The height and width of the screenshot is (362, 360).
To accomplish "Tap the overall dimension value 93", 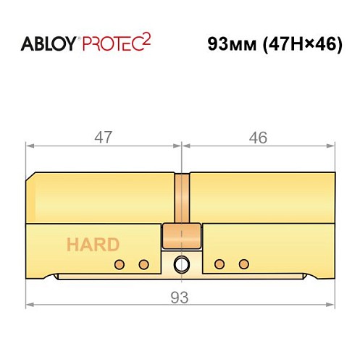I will click(180, 297).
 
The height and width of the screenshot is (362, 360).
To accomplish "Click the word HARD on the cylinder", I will click(93, 245).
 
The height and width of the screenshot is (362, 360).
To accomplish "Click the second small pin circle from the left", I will click(143, 262).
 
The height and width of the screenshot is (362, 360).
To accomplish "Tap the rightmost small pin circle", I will click(243, 262).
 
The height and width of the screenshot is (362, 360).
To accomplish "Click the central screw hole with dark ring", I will click(180, 263).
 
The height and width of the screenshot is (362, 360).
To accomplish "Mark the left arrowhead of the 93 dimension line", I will click(29, 305).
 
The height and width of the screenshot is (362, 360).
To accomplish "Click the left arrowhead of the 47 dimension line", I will click(29, 146).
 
